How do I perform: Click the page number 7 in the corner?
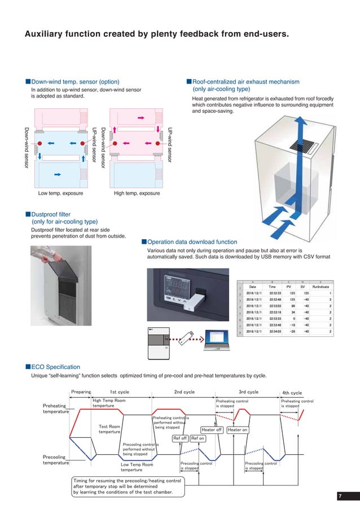[x=340, y=495]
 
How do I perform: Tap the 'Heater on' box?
[x=238, y=429]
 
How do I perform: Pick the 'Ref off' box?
[x=180, y=438]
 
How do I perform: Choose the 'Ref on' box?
[x=198, y=438]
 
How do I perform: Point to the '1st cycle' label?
[x=119, y=392]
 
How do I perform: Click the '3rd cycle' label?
[x=248, y=392]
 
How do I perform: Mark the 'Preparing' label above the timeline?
[x=81, y=392]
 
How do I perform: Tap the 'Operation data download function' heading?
[x=192, y=242]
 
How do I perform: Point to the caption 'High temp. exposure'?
[x=137, y=194]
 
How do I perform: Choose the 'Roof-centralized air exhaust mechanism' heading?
[x=246, y=82]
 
